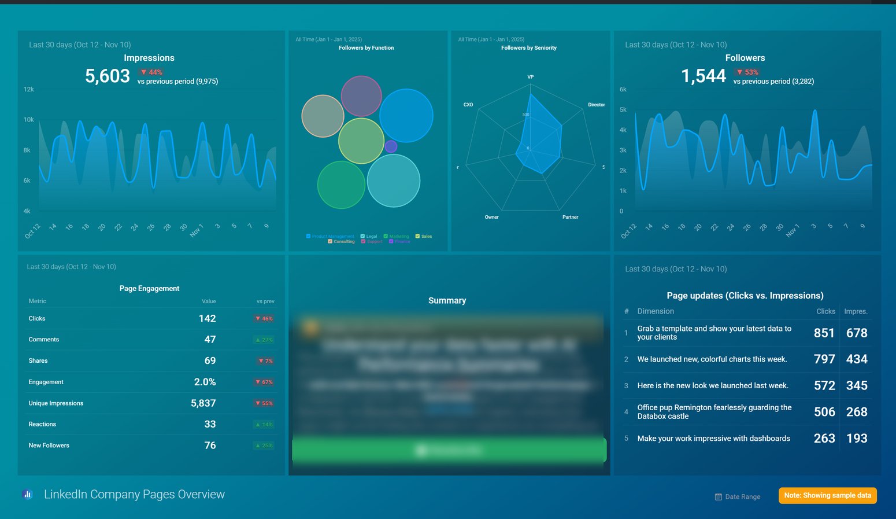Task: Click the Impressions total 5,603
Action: coord(108,76)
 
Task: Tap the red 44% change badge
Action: coord(151,72)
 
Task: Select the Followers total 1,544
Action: coord(704,76)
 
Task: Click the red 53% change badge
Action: coord(747,72)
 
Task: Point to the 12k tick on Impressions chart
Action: coord(28,90)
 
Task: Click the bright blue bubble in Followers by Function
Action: coord(406,116)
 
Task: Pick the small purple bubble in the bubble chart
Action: coord(391,146)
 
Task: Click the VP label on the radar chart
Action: coord(530,77)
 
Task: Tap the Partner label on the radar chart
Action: coord(570,217)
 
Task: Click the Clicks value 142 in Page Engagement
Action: coord(207,319)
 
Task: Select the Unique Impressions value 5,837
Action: coord(203,403)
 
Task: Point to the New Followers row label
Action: coord(49,446)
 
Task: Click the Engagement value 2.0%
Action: coord(205,382)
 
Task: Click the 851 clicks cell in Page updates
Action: coord(824,333)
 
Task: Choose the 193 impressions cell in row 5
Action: coord(856,439)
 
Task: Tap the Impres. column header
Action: coord(856,311)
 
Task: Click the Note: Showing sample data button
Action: coord(827,495)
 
